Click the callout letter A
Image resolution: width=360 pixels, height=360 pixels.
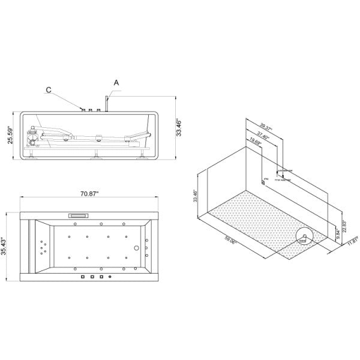coord(115,83)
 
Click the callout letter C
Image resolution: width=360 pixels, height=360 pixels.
coord(48,91)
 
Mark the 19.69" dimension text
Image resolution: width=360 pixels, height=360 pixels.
coord(254,143)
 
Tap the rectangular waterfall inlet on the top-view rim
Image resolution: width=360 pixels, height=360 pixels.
coord(79,214)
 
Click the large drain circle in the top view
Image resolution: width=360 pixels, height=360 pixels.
coord(137,248)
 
